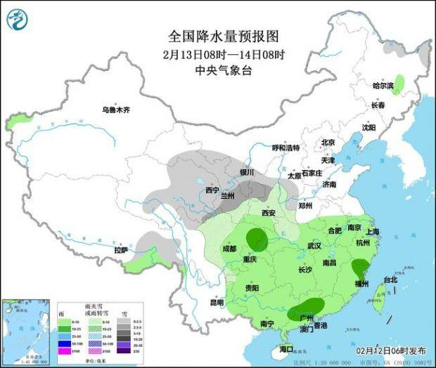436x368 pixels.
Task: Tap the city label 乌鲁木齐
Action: click(x=115, y=110)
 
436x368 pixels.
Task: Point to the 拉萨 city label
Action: click(x=122, y=250)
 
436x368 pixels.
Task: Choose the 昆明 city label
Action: click(x=216, y=302)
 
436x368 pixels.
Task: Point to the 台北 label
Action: click(x=390, y=280)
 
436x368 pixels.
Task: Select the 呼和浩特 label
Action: click(x=286, y=148)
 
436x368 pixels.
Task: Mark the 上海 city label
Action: click(x=373, y=231)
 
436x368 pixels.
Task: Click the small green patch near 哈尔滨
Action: click(x=399, y=85)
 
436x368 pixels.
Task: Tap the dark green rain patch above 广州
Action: click(x=309, y=308)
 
